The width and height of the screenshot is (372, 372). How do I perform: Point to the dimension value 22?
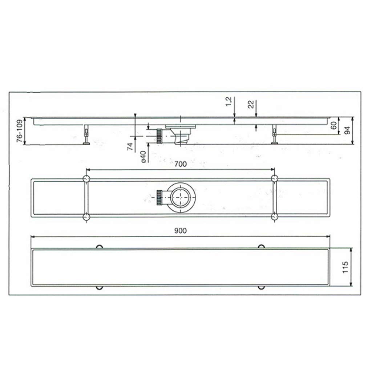250,104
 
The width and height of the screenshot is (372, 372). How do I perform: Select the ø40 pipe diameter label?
143,156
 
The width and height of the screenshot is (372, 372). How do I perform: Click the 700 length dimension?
180,164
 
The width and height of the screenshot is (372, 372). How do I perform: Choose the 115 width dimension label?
345,267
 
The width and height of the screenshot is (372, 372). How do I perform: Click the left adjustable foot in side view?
86,135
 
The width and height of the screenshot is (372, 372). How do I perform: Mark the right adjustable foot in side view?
275,135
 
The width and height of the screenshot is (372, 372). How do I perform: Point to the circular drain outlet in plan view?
181,198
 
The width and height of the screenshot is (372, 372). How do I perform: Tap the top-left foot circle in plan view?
86,179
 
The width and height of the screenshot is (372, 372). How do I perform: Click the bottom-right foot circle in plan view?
275,217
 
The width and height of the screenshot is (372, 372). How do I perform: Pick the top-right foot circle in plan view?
275,178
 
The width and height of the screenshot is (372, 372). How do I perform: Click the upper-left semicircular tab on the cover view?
99,247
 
